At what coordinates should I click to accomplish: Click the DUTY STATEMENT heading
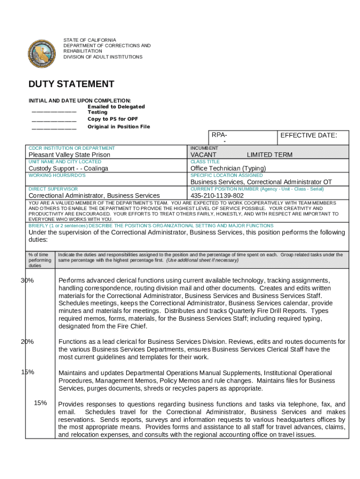pyautogui.click(x=71, y=84)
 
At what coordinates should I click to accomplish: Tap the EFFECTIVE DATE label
pyautogui.click(x=308, y=135)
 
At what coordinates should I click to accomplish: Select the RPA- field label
pyautogui.click(x=219, y=135)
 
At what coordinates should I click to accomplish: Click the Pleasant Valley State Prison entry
pyautogui.click(x=70, y=155)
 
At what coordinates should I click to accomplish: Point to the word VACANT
pyautogui.click(x=203, y=155)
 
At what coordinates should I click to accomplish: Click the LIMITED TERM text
pyautogui.click(x=269, y=155)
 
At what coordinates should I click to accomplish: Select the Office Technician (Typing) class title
pyautogui.click(x=228, y=168)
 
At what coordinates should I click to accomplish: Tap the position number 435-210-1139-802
pyautogui.click(x=217, y=196)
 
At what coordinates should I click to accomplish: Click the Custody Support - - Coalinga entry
pyautogui.click(x=68, y=168)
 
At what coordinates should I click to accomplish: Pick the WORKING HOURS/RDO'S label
pyautogui.click(x=58, y=175)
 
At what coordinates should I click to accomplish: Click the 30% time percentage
pyautogui.click(x=27, y=280)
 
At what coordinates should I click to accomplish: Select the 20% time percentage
pyautogui.click(x=27, y=341)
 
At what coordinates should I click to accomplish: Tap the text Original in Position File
pyautogui.click(x=119, y=127)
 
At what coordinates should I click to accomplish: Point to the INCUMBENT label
pyautogui.click(x=204, y=148)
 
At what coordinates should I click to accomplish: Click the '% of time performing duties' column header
pyautogui.click(x=40, y=260)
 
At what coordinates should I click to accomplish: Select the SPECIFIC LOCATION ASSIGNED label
pyautogui.click(x=227, y=175)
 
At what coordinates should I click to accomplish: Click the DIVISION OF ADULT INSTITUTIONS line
pyautogui.click(x=103, y=57)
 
